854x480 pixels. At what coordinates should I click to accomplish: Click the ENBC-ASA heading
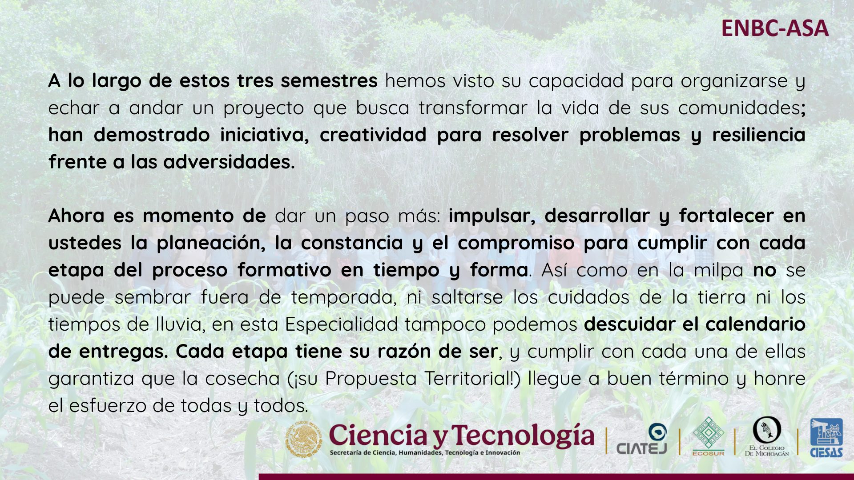pos(775,28)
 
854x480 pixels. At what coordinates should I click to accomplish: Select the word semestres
pos(329,81)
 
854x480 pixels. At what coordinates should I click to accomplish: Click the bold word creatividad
pos(373,135)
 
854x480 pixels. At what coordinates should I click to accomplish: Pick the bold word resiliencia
pos(759,135)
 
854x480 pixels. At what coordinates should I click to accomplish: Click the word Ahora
pos(76,216)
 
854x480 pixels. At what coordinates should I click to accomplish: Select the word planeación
pos(211,244)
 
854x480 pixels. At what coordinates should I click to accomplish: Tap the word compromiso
pos(516,244)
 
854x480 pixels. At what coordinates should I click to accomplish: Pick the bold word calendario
pos(756,324)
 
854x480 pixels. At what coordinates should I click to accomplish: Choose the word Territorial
pos(472,379)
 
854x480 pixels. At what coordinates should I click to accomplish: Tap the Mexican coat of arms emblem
pos(304,439)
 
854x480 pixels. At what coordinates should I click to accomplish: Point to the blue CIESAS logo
pos(826,438)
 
